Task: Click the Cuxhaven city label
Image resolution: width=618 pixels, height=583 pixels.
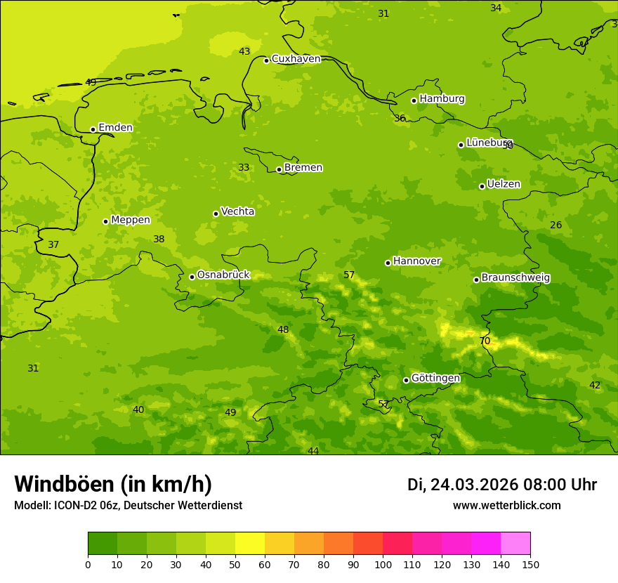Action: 296,59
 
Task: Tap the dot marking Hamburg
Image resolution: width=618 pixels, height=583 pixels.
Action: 414,100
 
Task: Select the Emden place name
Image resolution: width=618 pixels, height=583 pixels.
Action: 115,128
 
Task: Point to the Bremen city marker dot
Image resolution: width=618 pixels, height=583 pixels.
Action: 279,169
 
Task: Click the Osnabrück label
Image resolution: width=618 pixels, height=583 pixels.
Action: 223,275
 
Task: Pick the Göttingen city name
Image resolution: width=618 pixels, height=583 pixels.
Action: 435,379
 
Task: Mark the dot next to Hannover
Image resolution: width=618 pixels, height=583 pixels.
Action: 388,263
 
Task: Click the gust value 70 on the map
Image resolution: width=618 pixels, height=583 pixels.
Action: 485,341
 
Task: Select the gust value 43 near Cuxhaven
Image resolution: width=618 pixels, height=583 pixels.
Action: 244,51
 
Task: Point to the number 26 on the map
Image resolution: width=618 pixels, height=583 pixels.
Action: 556,225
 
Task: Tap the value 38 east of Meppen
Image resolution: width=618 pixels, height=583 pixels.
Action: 159,240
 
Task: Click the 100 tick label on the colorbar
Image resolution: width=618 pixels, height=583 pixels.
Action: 383,564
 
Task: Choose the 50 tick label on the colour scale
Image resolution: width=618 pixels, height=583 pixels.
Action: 235,564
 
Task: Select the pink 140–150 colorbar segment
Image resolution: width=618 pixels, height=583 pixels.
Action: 515,544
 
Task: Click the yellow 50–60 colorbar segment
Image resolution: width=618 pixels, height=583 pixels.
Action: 250,544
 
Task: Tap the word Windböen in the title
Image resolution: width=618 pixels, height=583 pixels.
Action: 64,485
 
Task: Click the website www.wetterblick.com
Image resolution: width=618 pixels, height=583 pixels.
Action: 506,506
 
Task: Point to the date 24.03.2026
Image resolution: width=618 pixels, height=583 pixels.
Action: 474,485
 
